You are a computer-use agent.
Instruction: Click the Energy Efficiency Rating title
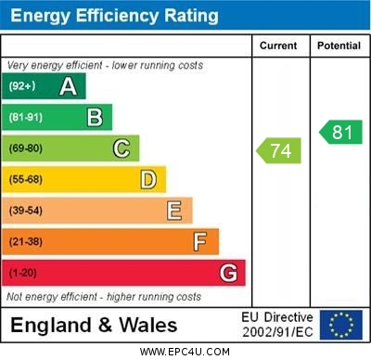tap(113, 16)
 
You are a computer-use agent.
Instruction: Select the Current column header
tap(278, 45)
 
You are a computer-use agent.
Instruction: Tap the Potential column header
tap(339, 45)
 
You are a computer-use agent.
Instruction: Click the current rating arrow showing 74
tap(279, 150)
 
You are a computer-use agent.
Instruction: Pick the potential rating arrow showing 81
tap(340, 132)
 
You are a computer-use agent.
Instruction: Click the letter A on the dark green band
tap(68, 86)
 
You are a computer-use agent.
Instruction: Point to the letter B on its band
tap(95, 118)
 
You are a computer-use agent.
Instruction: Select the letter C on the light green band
tap(122, 148)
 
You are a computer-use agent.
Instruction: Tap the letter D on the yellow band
tap(148, 179)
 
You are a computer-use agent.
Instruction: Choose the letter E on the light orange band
tap(174, 211)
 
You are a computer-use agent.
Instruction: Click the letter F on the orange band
tap(200, 241)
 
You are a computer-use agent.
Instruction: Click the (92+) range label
tap(23, 86)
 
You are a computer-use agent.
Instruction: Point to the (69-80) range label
tap(26, 148)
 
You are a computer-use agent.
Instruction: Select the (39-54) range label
tap(26, 211)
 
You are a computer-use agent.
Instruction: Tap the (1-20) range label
tap(23, 273)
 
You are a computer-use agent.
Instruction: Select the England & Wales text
tap(94, 326)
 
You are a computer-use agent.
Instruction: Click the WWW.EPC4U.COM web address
tap(185, 352)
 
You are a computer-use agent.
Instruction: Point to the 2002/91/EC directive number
tap(277, 332)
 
